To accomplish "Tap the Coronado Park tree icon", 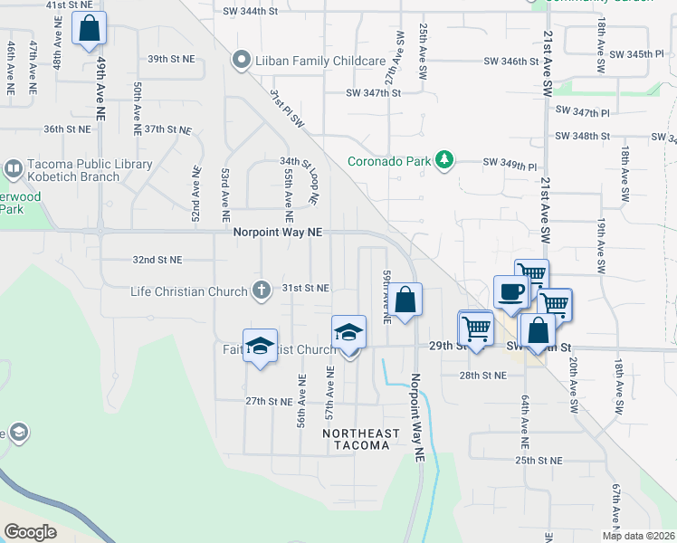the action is click(x=443, y=161).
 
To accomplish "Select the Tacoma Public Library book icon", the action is click(x=14, y=168).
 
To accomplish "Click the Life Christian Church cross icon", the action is click(x=262, y=291).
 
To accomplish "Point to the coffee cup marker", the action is click(x=510, y=292).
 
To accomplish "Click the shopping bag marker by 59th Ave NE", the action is click(x=406, y=300).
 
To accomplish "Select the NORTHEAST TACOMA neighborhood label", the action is click(x=361, y=440).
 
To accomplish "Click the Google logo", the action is click(x=31, y=531).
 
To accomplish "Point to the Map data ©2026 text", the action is click(x=638, y=535).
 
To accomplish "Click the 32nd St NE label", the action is click(x=157, y=260).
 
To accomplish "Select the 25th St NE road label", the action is click(x=539, y=461).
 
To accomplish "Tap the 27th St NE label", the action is click(x=268, y=401).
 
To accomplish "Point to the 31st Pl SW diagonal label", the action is click(x=287, y=107).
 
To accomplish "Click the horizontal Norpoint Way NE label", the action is click(x=277, y=233).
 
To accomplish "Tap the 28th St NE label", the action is click(x=482, y=375).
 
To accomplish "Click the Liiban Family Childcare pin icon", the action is click(x=241, y=61).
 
